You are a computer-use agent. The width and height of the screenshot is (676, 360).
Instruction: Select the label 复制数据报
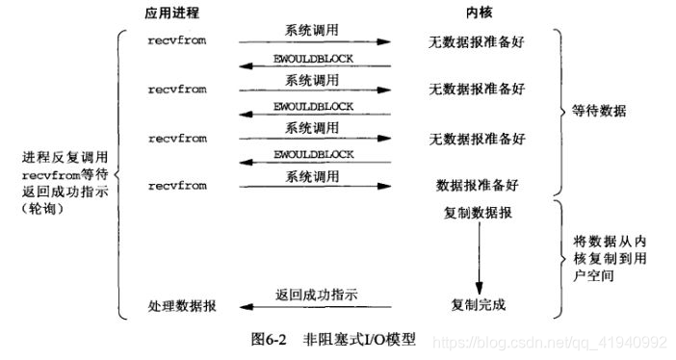coord(478,212)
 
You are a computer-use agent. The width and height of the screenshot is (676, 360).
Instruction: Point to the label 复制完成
coord(478,305)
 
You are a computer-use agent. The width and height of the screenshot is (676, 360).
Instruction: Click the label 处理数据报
coord(182,305)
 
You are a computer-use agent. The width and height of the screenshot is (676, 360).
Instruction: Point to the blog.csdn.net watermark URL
coord(548,342)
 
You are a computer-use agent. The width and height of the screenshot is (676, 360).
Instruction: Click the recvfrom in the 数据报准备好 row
coord(177,181)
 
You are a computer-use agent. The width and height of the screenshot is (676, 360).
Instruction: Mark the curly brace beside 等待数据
coord(561,111)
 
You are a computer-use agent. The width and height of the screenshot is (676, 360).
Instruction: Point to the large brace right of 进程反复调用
coord(119,173)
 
